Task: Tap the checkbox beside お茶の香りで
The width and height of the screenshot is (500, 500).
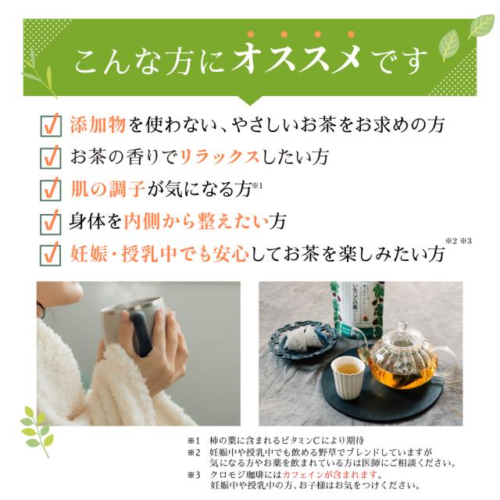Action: coord(50,157)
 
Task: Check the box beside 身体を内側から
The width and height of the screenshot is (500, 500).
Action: coord(50,222)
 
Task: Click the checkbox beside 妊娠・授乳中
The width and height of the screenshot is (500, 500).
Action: coord(50,255)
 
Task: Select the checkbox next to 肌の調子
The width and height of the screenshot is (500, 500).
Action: coord(50,190)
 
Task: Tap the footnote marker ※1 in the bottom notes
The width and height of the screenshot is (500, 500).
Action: coord(195,440)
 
